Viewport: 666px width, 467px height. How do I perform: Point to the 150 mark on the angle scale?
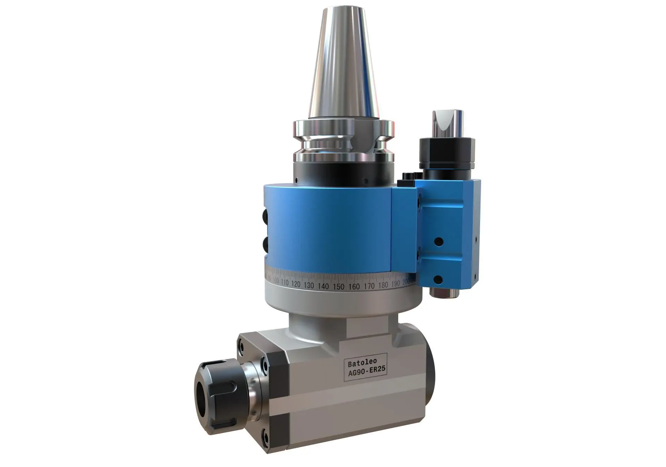339,286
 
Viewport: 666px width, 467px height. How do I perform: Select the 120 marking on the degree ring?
296,284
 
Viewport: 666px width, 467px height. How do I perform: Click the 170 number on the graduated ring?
369,286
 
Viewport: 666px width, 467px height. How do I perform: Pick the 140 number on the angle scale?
323,286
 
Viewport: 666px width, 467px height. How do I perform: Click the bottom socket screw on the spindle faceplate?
265,431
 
